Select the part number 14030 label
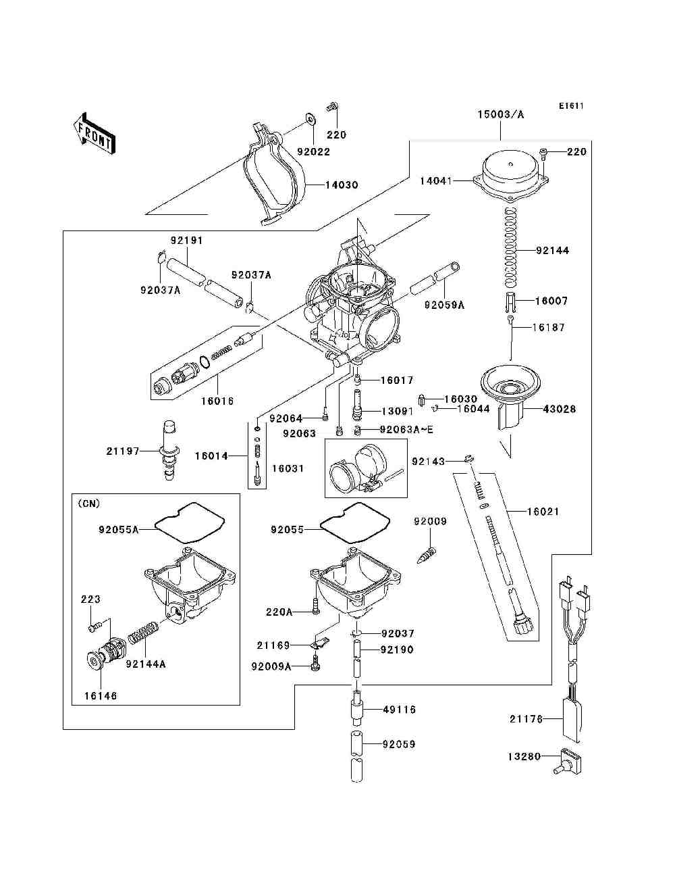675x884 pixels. pos(342,185)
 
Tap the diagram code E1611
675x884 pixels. pos(570,106)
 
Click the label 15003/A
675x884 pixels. pos(501,114)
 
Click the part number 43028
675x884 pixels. pos(560,409)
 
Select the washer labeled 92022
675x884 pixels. pos(310,119)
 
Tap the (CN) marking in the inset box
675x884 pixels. pos(88,504)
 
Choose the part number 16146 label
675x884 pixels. pos(100,695)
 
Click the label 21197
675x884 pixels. pos(122,451)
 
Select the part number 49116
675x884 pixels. pos(399,710)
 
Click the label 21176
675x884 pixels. pos(526,719)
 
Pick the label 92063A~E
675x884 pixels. pos(406,429)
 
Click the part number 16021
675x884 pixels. pos(543,512)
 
